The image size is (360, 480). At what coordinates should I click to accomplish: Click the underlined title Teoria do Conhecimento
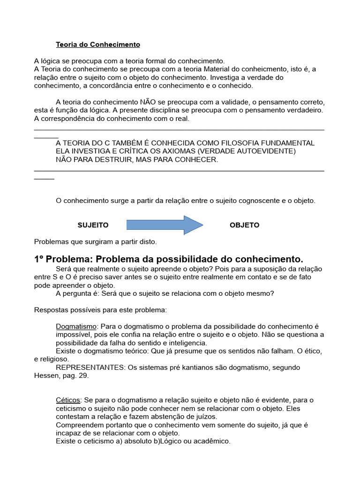[x=98, y=45]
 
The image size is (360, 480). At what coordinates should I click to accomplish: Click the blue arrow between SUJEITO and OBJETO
[x=164, y=225]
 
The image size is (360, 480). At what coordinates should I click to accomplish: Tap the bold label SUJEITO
[x=93, y=225]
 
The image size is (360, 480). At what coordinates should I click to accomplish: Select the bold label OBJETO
[x=244, y=225]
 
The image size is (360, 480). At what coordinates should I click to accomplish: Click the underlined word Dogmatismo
[x=76, y=326]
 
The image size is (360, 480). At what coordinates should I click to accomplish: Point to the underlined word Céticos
[x=68, y=400]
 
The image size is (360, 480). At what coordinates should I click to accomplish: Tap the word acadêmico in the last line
[x=211, y=441]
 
